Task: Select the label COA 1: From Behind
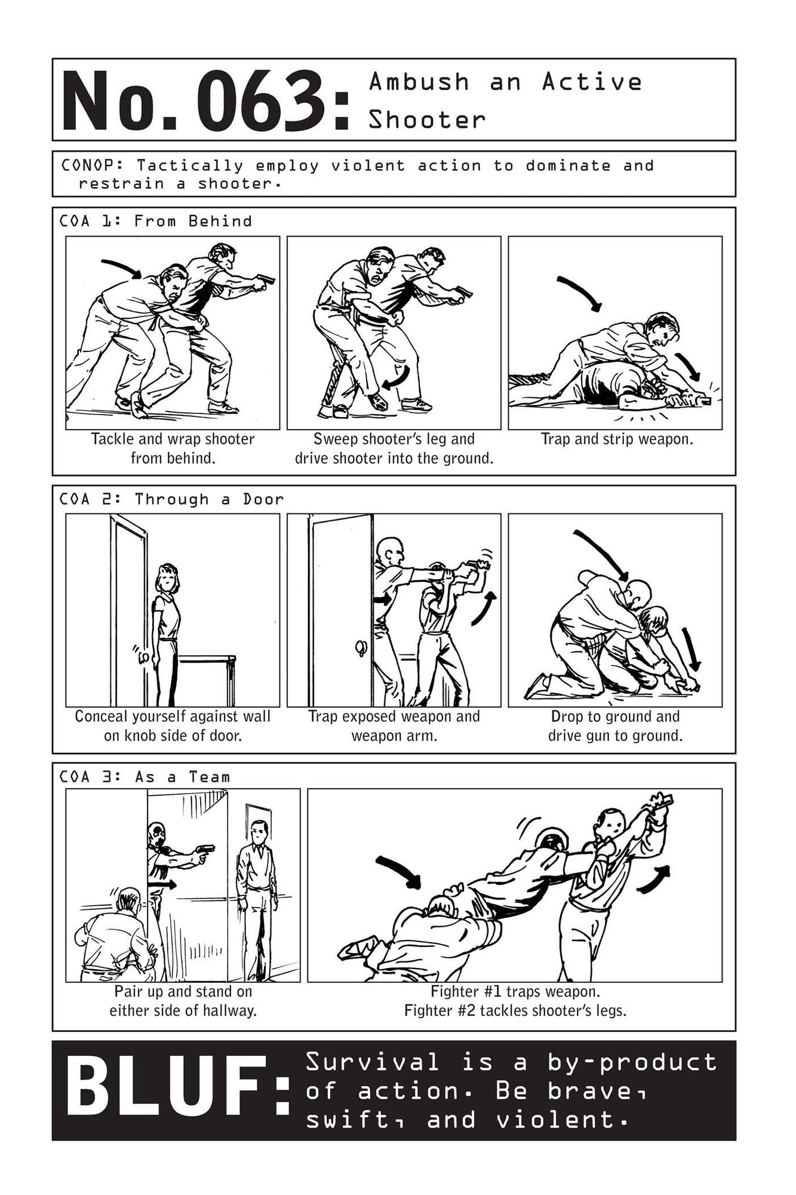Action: point(155,221)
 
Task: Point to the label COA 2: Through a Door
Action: point(171,499)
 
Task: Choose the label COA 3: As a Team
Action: point(145,777)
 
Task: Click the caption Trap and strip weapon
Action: point(616,439)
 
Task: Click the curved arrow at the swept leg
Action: point(397,378)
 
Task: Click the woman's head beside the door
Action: point(168,578)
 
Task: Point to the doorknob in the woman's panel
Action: point(143,657)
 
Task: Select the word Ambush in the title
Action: point(419,82)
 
